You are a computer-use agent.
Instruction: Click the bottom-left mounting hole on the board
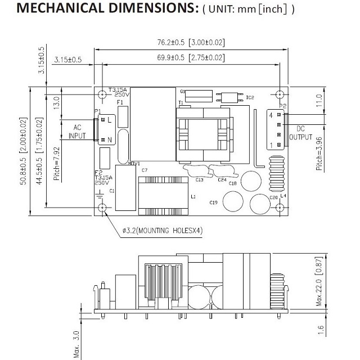tap(102, 208)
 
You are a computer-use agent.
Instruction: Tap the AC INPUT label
tap(77, 132)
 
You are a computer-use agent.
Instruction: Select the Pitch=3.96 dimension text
tap(319, 154)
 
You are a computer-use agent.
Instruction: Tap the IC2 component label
tap(251, 98)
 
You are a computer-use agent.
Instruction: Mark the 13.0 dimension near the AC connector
tap(56, 102)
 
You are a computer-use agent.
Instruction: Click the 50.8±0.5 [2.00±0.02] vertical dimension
tap(23, 151)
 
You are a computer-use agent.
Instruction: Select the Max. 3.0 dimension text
tap(77, 343)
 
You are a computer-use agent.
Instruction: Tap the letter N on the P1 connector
tap(110, 139)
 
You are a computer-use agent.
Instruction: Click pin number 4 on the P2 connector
tap(271, 115)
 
